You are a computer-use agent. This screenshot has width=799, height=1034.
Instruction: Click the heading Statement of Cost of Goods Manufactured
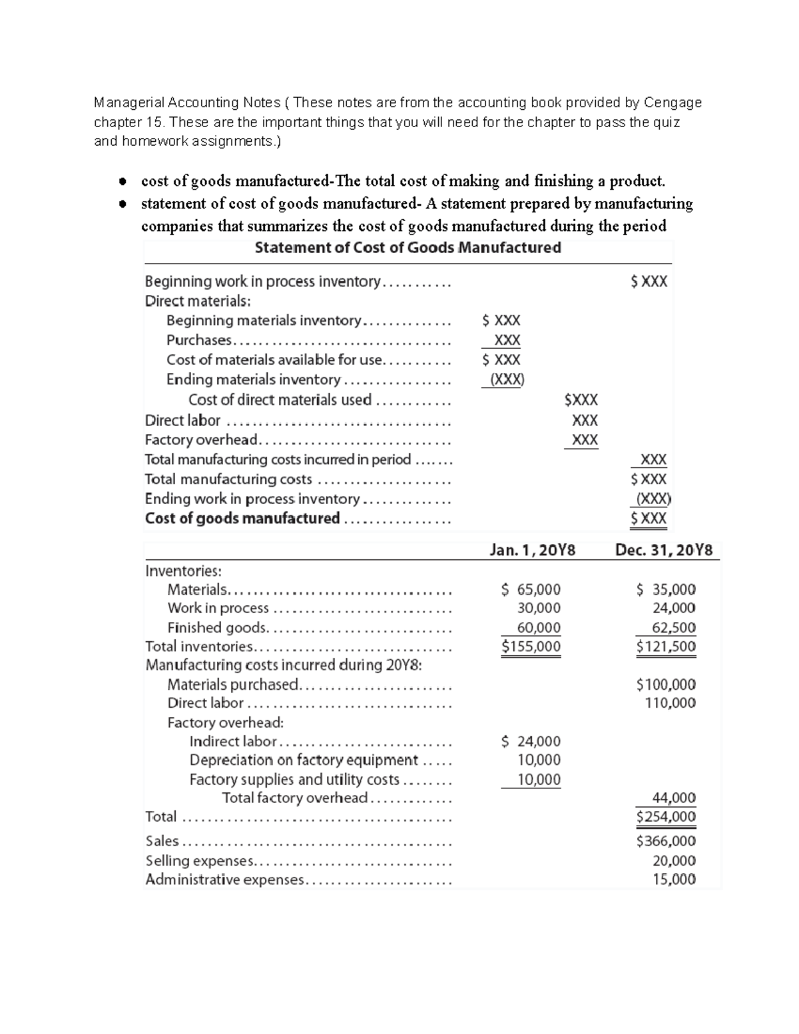click(407, 248)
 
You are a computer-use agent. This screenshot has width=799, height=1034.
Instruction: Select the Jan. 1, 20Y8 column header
click(532, 551)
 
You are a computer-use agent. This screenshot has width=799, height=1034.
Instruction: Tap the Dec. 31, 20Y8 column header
click(663, 551)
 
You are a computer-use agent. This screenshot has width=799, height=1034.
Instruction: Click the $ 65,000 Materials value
click(531, 589)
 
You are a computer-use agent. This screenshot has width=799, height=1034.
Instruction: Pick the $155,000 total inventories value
click(531, 646)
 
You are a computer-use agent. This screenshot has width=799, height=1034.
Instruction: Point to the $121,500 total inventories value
click(666, 646)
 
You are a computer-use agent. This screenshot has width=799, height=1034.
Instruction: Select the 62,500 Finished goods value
click(674, 627)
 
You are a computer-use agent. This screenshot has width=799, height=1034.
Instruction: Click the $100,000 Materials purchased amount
click(666, 684)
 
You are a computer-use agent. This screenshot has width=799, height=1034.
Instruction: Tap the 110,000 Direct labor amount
click(670, 702)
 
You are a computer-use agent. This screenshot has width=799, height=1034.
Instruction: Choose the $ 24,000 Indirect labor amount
click(531, 741)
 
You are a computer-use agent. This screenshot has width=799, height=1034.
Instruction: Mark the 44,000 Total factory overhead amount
click(674, 798)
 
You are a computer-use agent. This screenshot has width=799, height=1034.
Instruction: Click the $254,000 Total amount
click(666, 816)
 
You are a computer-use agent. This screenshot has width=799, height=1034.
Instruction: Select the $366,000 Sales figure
click(666, 841)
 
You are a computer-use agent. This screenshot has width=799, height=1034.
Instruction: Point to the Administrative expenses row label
click(224, 880)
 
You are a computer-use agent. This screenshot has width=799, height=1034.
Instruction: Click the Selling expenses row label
click(199, 860)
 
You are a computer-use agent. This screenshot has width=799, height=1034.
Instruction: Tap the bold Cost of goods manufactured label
click(242, 518)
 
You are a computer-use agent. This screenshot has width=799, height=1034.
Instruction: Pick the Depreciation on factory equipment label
click(304, 760)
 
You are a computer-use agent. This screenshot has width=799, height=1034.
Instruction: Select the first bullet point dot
click(122, 181)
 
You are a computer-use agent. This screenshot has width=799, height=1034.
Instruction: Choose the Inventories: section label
click(183, 571)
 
